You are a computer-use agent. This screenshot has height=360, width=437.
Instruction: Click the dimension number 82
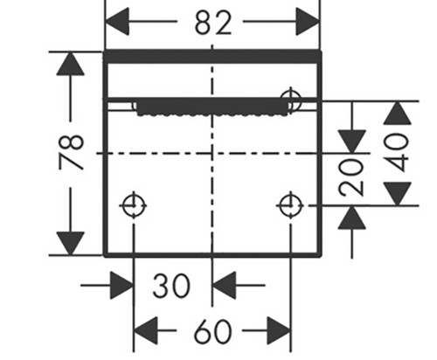coord(213,23)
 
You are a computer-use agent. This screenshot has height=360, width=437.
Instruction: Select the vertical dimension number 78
coord(72,152)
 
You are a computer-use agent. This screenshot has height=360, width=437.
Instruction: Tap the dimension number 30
coord(171,286)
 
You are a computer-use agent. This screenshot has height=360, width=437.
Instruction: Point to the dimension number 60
coord(213,331)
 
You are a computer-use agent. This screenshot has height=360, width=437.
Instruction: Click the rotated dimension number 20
coord(351,177)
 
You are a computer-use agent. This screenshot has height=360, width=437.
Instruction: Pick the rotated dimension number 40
coord(397,152)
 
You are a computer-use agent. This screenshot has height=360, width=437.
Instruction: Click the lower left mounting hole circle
coord(134,205)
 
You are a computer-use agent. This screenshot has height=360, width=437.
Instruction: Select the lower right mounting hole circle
coord(290,205)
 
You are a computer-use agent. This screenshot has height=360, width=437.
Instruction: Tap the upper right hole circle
coord(290,100)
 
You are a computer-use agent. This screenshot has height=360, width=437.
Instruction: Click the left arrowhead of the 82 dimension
coord(116,22)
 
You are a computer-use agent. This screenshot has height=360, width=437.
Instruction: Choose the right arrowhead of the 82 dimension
coord(308,22)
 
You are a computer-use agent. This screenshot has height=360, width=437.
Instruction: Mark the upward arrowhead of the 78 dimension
coord(71,64)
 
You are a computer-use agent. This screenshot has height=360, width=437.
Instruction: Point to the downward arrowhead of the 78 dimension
coord(71,243)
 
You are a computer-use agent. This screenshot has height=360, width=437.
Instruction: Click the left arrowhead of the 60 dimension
coord(145,330)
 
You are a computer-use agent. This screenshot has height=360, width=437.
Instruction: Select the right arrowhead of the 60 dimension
coord(279,330)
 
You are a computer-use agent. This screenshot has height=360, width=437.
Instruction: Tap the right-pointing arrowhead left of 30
coord(121,286)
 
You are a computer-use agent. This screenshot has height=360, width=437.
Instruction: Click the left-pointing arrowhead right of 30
coord(224,286)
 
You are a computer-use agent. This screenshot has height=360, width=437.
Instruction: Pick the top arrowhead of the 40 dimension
coord(398,113)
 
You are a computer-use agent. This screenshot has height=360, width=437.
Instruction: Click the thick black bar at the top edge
coord(212,57)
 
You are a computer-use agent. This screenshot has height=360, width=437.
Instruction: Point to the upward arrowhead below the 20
coord(352,218)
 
